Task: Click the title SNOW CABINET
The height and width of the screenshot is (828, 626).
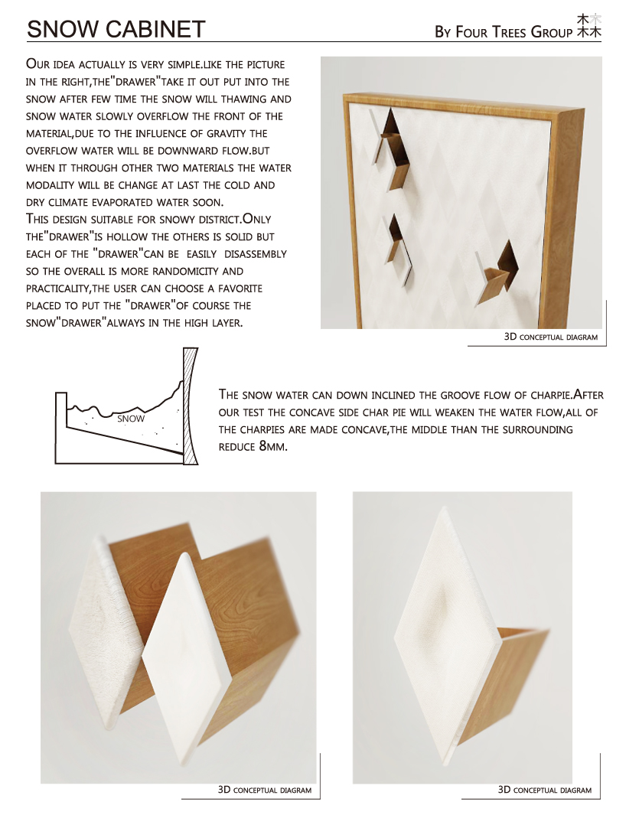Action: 116,29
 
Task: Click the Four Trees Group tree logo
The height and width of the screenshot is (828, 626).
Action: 589,26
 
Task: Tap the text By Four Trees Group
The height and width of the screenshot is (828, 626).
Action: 503,32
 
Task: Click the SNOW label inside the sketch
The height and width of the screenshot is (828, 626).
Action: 131,419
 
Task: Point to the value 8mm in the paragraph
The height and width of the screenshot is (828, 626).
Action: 273,446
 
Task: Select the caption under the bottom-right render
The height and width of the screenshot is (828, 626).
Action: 544,790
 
